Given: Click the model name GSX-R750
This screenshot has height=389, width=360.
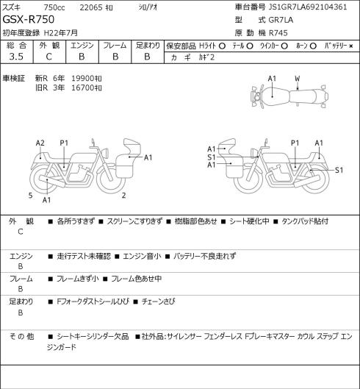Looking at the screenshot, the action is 28,20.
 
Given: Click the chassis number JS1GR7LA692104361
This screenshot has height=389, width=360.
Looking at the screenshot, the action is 308,7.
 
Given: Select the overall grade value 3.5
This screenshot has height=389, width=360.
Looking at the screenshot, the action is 16,57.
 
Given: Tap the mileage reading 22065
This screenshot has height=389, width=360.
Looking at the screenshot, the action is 91,7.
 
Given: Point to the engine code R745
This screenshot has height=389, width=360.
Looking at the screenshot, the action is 278,33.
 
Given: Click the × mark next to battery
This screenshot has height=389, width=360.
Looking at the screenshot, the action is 351,46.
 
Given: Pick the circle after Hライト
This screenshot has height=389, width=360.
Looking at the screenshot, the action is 222,46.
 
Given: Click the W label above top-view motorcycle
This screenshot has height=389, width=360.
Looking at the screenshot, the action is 297,79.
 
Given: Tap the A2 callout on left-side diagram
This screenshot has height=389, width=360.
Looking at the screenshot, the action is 40,143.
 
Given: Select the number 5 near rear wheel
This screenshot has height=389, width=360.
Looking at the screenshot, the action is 30,196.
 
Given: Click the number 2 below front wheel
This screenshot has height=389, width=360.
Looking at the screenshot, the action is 123,196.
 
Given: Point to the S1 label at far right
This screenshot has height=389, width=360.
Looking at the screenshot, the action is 339,170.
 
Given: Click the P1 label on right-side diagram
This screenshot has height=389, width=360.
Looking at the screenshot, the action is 295,143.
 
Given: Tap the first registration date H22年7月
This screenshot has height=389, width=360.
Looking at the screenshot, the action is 61,33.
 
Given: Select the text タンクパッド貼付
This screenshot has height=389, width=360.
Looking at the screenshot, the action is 305,221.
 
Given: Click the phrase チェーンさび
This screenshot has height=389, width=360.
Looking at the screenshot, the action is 158,301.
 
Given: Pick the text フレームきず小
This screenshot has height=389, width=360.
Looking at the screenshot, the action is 78,279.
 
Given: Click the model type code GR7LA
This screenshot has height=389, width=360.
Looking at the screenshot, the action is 281,20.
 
